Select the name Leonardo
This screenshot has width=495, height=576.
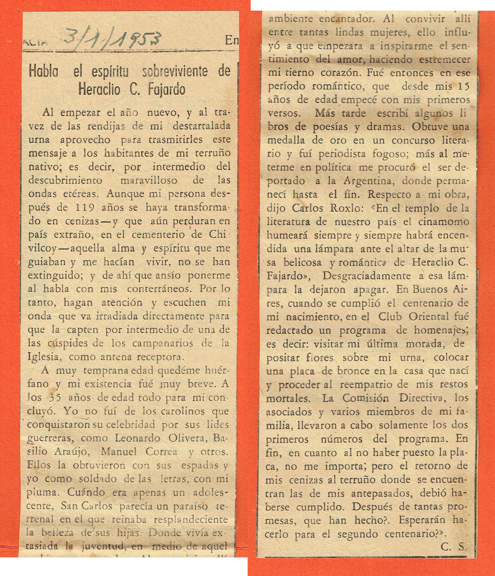point(138,438)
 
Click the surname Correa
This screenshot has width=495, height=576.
point(162,452)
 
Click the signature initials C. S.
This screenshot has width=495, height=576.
point(453,547)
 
